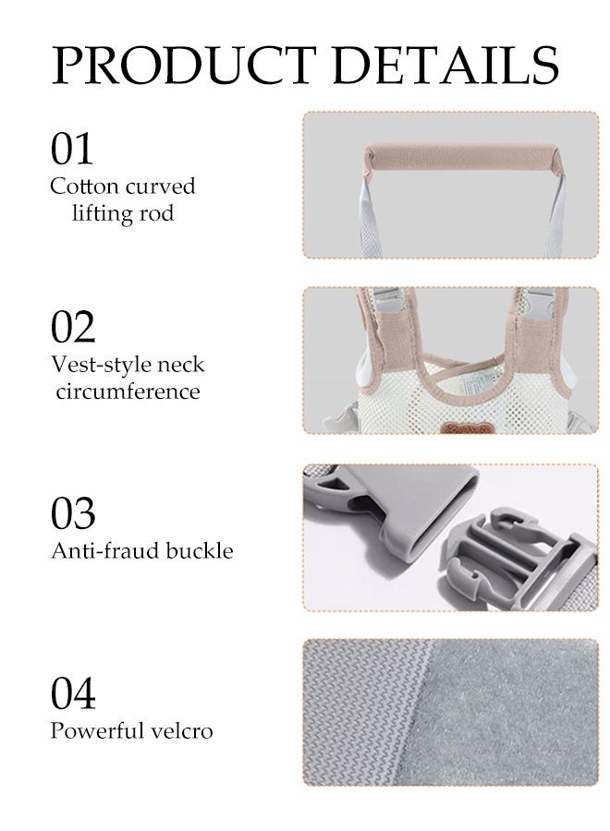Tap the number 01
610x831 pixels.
pyautogui.click(x=72, y=149)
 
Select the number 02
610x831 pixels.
pyautogui.click(x=73, y=327)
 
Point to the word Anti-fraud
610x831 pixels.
pyautogui.click(x=105, y=551)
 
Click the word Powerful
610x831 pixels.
pyautogui.click(x=98, y=731)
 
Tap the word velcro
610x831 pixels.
pyautogui.click(x=185, y=731)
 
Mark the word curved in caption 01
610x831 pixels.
pyautogui.click(x=161, y=187)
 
